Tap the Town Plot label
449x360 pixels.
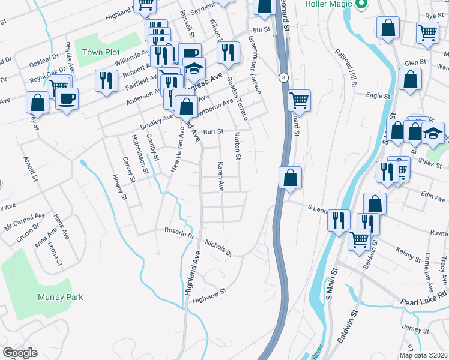(x=101, y=52)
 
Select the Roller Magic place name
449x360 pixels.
(x=327, y=4)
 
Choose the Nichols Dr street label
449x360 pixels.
(x=218, y=248)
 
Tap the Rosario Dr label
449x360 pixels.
(x=179, y=233)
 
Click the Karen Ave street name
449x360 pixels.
(x=221, y=176)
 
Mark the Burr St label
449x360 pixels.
(x=212, y=131)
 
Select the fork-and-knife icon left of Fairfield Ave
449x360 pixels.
(x=106, y=80)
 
